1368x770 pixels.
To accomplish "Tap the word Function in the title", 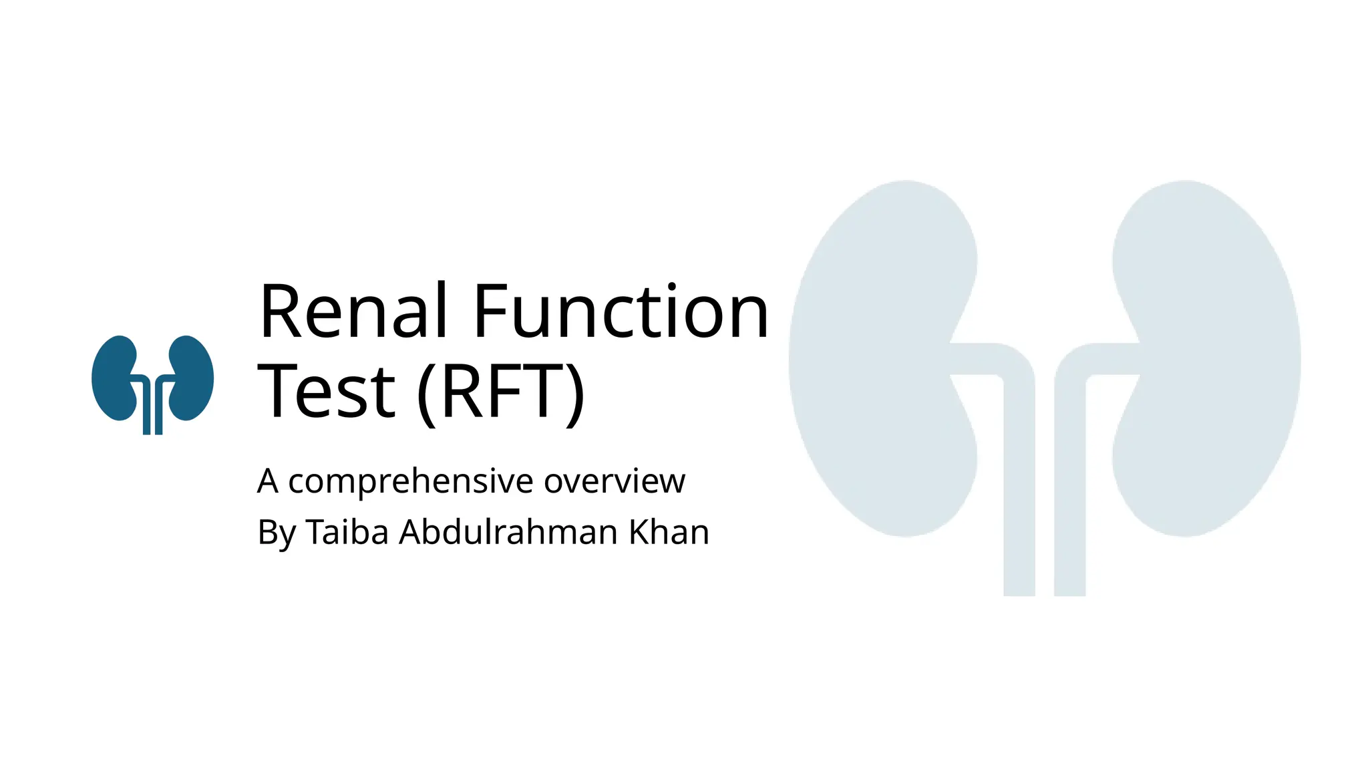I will pyautogui.click(x=621, y=311).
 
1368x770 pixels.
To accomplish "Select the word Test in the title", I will pyautogui.click(x=327, y=392).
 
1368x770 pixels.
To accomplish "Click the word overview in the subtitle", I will pyautogui.click(x=614, y=481).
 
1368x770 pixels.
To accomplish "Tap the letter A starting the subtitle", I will pyautogui.click(x=267, y=481).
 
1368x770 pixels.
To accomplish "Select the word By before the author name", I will pyautogui.click(x=276, y=533).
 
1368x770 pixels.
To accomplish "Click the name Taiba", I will pyautogui.click(x=347, y=533).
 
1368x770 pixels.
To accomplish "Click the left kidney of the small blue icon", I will pyautogui.click(x=114, y=378).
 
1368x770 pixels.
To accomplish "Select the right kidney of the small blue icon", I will pyautogui.click(x=192, y=378).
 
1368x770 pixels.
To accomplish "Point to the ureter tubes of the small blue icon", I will pyautogui.click(x=153, y=411).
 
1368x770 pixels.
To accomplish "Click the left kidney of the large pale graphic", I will pyautogui.click(x=875, y=358).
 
